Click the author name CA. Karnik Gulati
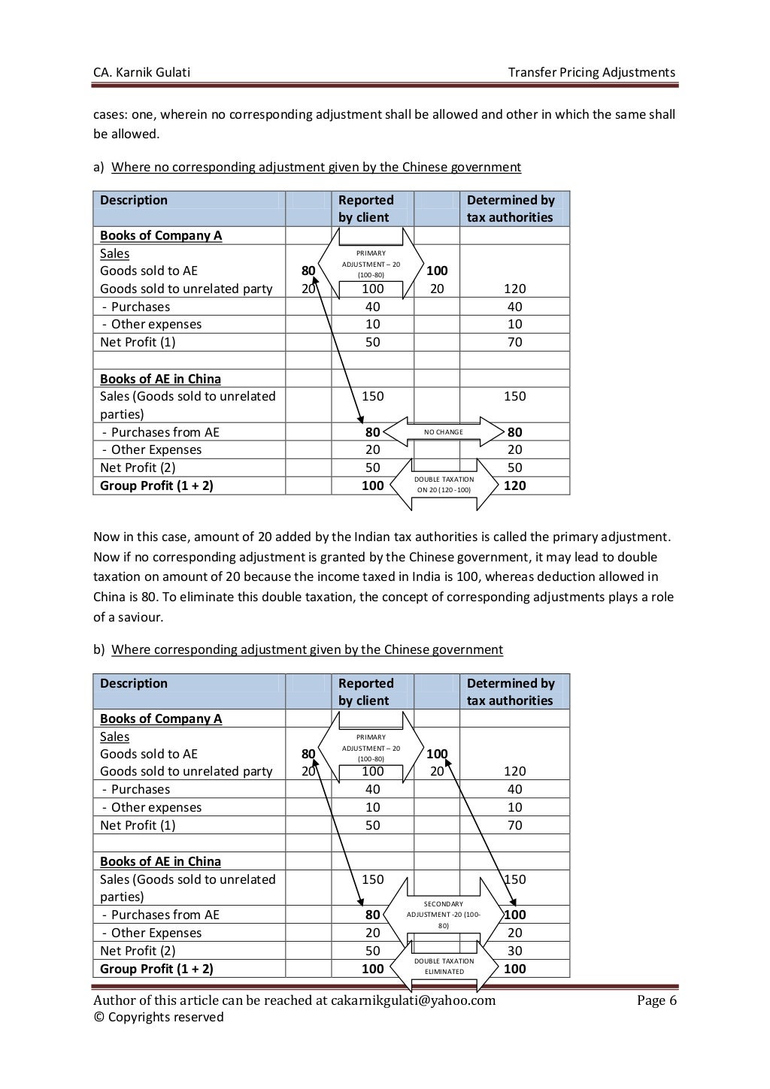pos(141,72)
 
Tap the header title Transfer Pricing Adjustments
pos(591,72)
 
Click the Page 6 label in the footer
pos(656,1000)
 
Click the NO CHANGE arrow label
pos(444,432)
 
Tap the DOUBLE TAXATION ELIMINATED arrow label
pos(444,966)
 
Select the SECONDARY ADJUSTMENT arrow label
pos(444,915)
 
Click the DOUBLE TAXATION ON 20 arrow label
pos(444,485)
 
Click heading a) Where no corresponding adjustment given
pos(316,167)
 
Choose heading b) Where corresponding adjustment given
pos(307,649)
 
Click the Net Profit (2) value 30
pos(514,951)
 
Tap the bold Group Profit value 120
pos(514,486)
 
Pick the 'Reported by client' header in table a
pos(366,208)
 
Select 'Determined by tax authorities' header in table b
pos(511,691)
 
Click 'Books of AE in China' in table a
pos(160,379)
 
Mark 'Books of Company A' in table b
pos(161,718)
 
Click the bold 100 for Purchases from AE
pos(515,915)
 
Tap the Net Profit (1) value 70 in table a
pos(514,342)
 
